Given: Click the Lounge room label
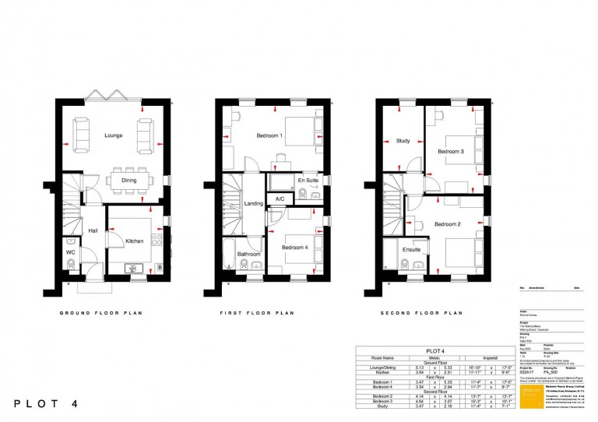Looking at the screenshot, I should (114, 135).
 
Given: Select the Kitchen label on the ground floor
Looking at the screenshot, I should (135, 241).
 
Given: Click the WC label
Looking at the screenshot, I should (70, 252).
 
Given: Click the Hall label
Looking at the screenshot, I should (93, 230).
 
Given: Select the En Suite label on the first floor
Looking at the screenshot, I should (308, 181).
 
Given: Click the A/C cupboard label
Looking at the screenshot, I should (280, 199).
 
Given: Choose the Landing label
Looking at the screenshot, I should (254, 204).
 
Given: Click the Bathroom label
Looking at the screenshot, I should (249, 254).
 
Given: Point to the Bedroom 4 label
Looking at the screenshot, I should (295, 248).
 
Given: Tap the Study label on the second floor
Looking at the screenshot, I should (403, 141).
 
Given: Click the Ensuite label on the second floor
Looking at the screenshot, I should (411, 250).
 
